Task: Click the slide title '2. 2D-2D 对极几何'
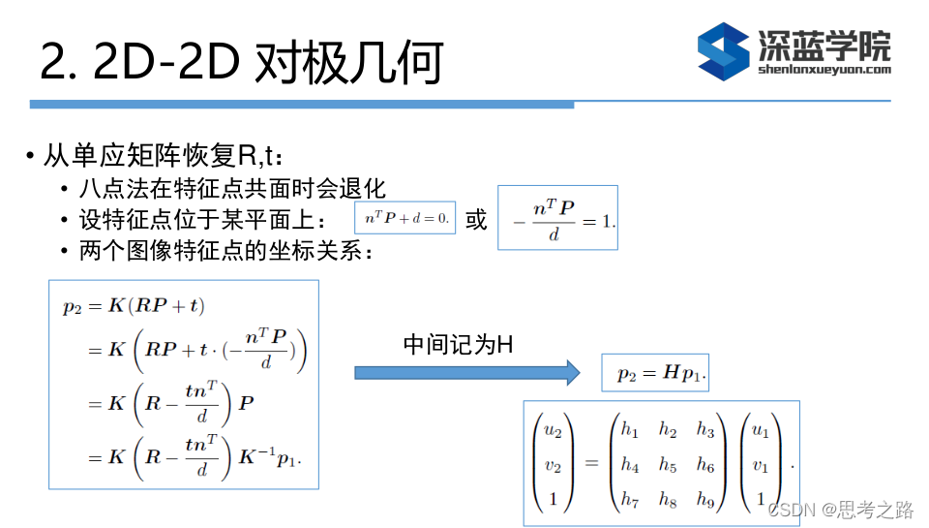[241, 62]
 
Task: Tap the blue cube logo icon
[724, 50]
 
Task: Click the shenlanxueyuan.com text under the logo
[824, 69]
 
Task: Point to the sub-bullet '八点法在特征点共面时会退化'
[232, 188]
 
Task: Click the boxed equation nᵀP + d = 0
[405, 218]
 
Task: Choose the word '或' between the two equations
[476, 219]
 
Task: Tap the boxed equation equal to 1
[557, 218]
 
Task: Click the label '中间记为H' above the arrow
[457, 344]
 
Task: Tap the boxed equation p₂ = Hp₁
[655, 374]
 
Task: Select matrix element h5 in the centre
[667, 465]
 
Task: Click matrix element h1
[630, 429]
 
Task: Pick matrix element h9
[704, 502]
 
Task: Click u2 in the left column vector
[553, 429]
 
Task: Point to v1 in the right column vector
[761, 465]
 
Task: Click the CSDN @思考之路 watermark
[841, 510]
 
